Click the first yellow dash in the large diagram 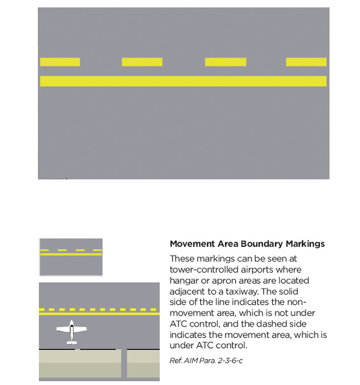point(60,62)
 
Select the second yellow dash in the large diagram point(142,62)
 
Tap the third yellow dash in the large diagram point(225,62)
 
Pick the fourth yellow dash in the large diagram point(306,62)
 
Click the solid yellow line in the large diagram point(183,81)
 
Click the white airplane point(71,332)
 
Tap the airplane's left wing point(62,329)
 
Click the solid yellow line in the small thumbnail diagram point(71,254)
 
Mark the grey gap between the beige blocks point(124,363)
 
